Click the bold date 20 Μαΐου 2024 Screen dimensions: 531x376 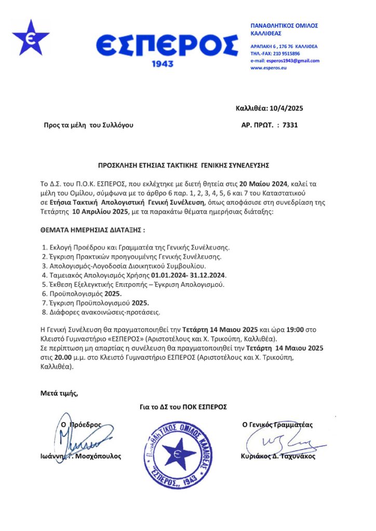coord(269,184)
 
